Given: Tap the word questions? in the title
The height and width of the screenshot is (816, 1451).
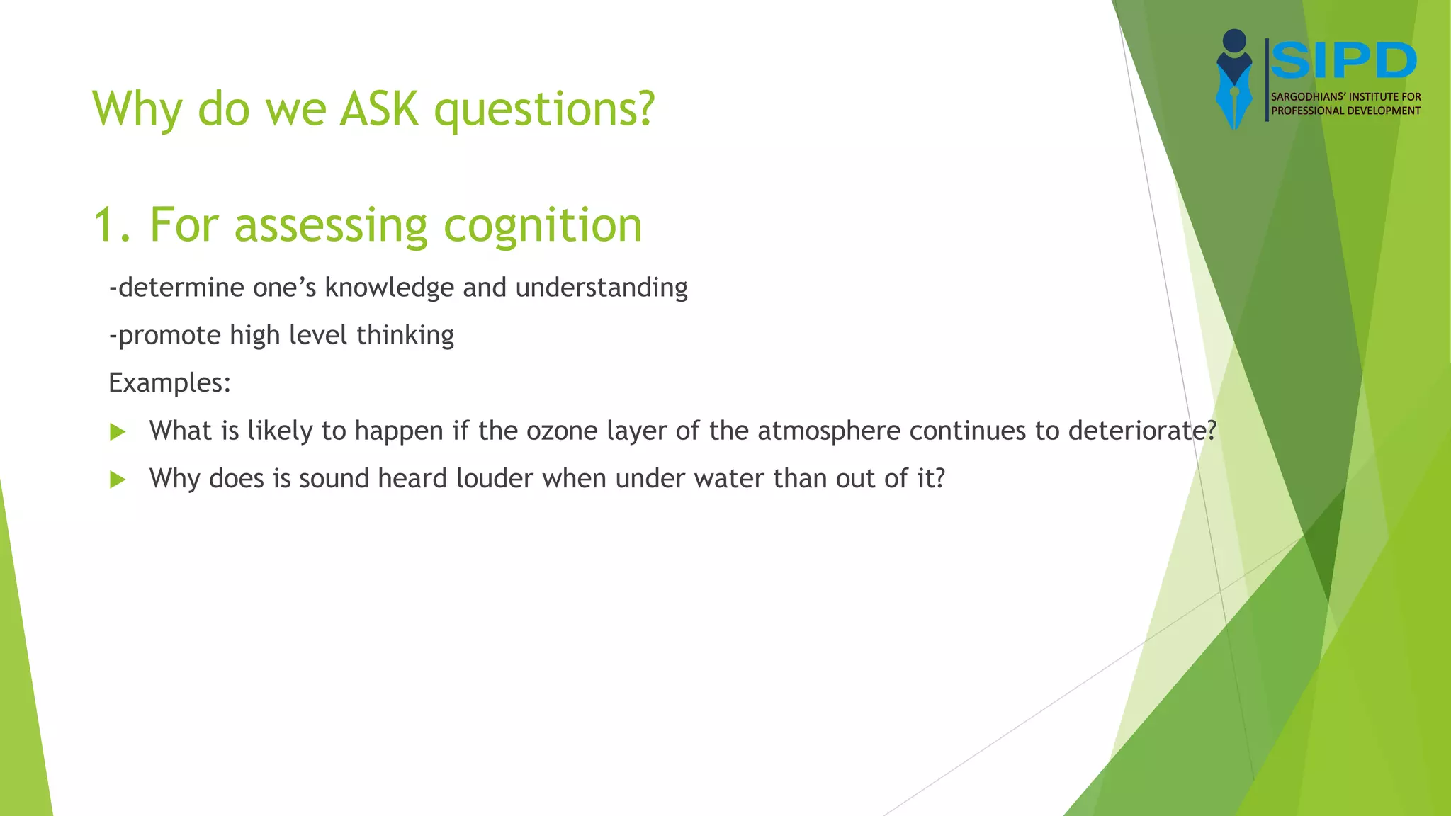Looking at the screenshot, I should coord(544,110).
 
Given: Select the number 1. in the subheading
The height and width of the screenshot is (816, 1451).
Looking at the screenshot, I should coord(112,225).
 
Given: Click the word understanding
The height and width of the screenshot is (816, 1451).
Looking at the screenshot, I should coord(602,288).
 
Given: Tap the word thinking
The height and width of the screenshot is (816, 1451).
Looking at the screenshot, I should coord(405,336).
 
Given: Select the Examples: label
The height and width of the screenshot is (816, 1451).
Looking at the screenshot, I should coord(169,383).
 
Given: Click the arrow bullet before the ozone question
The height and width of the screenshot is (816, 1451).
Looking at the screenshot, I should coord(118,432).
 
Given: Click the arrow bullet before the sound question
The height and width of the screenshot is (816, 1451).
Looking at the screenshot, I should coord(118,480).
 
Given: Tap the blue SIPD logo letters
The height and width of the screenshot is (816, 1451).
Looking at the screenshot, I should coord(1343,61).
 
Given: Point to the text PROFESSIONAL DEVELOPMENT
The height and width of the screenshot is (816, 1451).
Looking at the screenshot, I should coord(1345,110).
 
